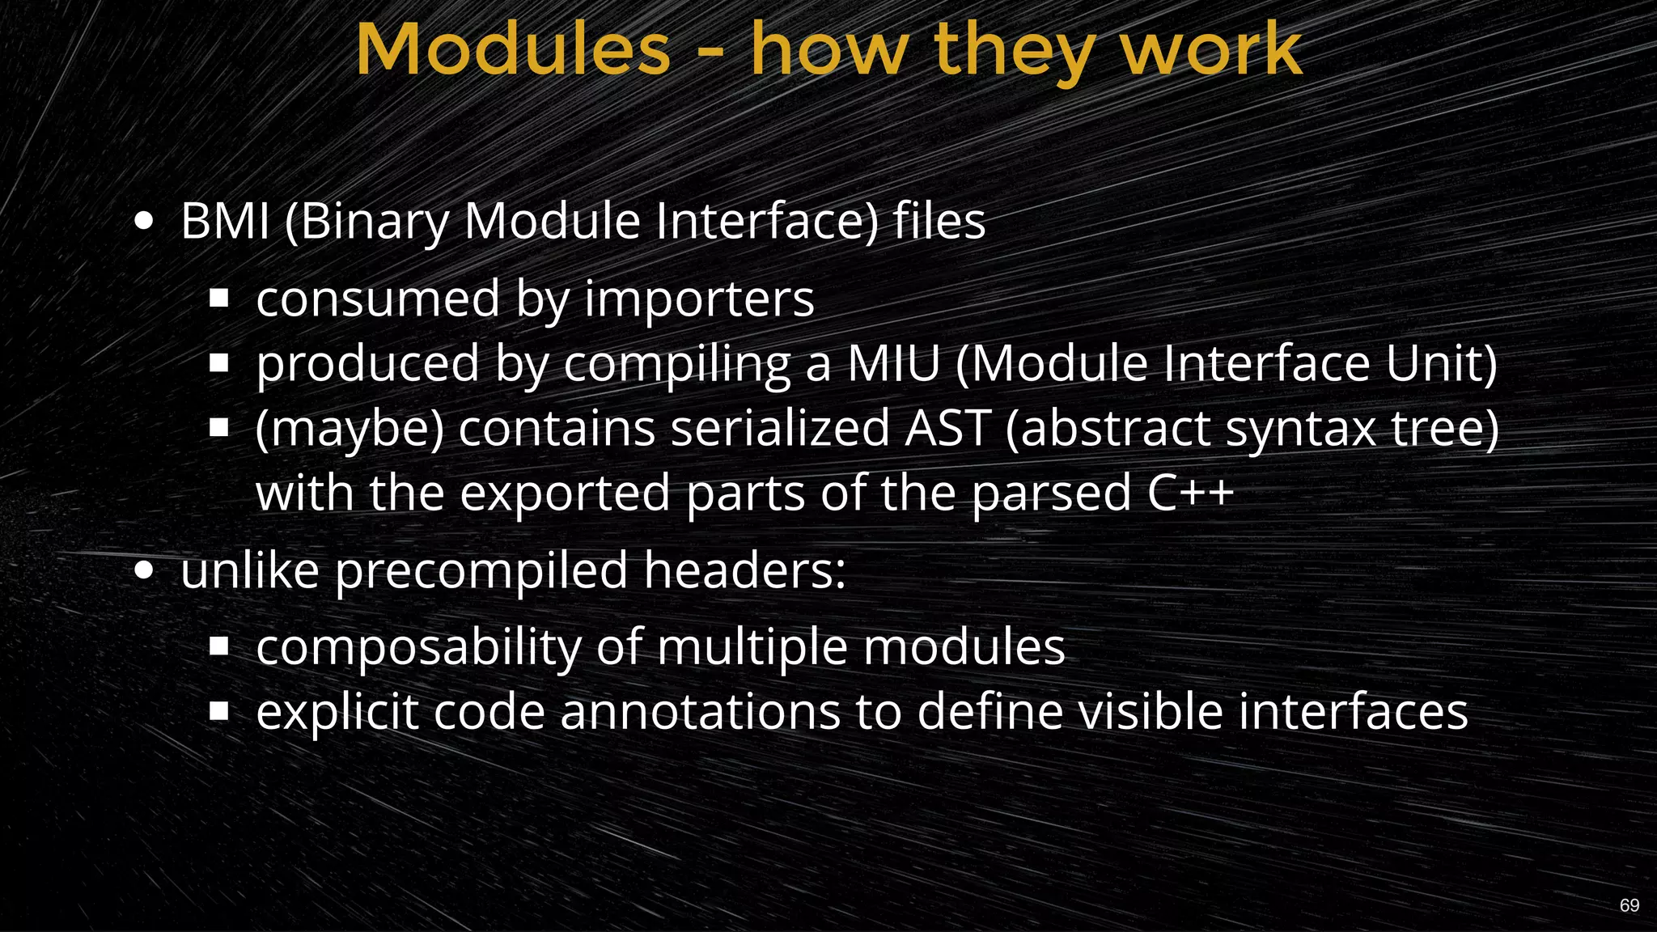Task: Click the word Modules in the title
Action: pyautogui.click(x=513, y=50)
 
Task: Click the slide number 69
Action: pyautogui.click(x=1629, y=905)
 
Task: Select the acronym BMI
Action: pyautogui.click(x=225, y=221)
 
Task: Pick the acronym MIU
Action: pyautogui.click(x=893, y=364)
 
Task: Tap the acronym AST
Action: pyautogui.click(x=947, y=428)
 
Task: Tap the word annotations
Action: pyautogui.click(x=699, y=712)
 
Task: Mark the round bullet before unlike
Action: pyautogui.click(x=144, y=571)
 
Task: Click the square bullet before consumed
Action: pyautogui.click(x=218, y=299)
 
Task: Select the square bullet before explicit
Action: pyautogui.click(x=218, y=711)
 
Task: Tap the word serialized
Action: pyautogui.click(x=780, y=428)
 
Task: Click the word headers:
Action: pyautogui.click(x=744, y=570)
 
